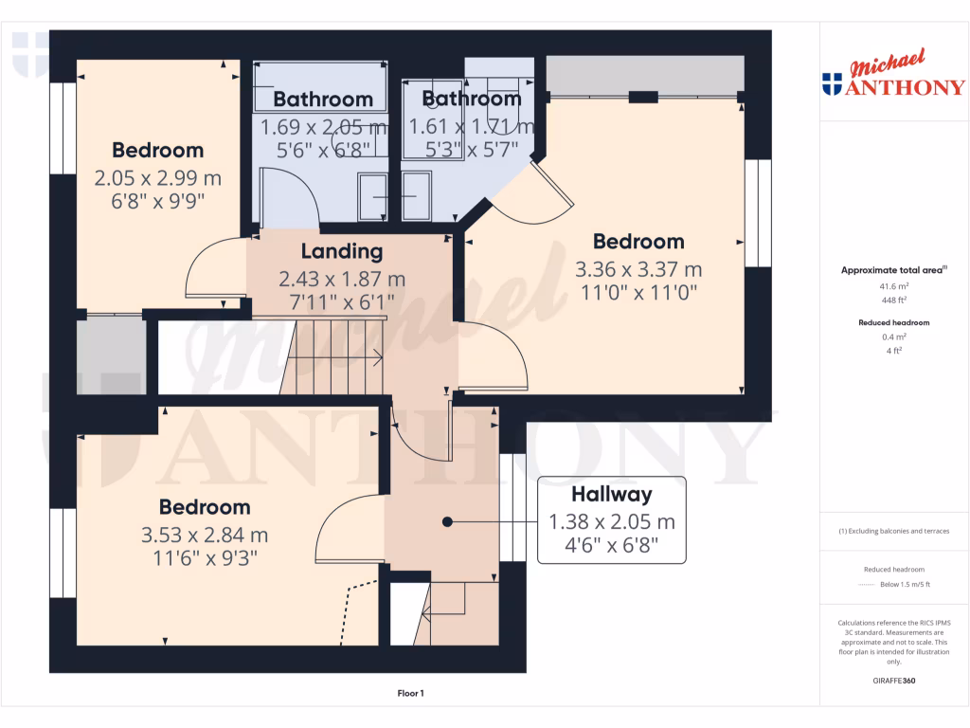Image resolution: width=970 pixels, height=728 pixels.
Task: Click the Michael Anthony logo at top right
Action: click(x=894, y=77)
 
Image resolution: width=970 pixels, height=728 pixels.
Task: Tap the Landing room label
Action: click(x=342, y=251)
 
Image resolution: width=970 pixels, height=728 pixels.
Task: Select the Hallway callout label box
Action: click(x=611, y=520)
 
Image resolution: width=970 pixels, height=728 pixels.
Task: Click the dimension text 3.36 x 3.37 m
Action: click(x=638, y=269)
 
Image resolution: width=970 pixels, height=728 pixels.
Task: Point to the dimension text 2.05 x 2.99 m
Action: click(x=157, y=177)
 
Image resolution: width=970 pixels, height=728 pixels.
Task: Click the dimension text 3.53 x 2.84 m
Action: click(x=205, y=535)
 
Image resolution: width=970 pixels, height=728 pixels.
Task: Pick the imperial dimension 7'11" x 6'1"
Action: click(x=342, y=302)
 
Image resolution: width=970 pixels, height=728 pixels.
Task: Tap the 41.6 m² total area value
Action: click(x=895, y=285)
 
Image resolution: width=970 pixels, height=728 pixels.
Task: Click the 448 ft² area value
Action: click(x=895, y=300)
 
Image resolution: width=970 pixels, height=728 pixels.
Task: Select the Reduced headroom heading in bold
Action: click(x=895, y=322)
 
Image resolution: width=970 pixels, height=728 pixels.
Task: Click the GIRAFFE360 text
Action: click(x=895, y=681)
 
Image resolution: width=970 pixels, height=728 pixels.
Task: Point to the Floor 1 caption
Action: click(x=410, y=694)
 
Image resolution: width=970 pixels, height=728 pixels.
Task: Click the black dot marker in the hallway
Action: click(x=447, y=521)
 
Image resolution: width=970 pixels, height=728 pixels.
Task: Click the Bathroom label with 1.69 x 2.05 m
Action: click(x=323, y=100)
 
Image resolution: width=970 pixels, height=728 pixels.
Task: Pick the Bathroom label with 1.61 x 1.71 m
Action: click(x=472, y=99)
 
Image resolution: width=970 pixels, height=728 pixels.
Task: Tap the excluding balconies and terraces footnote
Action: click(x=895, y=531)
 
